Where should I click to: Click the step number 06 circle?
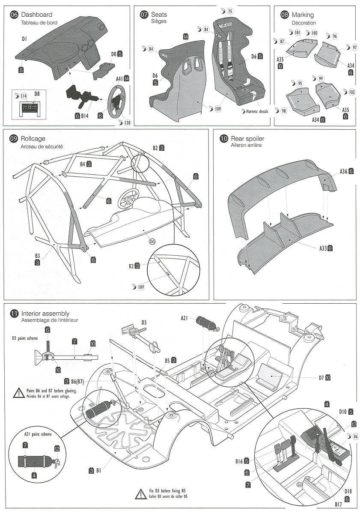(x=14, y=15)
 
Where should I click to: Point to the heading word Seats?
(x=159, y=15)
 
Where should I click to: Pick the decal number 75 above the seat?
(x=229, y=12)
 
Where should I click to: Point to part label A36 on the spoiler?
(x=344, y=171)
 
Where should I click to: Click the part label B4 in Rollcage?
(x=83, y=164)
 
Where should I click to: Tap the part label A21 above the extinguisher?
(x=184, y=317)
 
